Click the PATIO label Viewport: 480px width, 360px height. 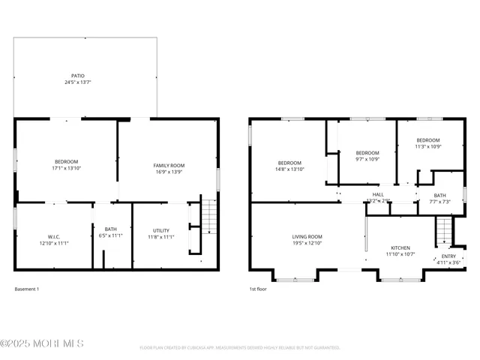pyautogui.click(x=78, y=76)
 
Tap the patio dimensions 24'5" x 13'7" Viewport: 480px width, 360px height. pyautogui.click(x=78, y=82)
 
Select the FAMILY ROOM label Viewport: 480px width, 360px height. pyautogui.click(x=169, y=165)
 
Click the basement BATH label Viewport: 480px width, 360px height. pyautogui.click(x=111, y=229)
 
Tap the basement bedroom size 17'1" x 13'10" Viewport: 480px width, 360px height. pyautogui.click(x=66, y=169)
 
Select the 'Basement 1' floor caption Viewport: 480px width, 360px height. pyautogui.click(x=27, y=289)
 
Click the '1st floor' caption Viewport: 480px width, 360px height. pyautogui.click(x=258, y=289)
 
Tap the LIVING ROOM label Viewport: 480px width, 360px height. pyautogui.click(x=307, y=237)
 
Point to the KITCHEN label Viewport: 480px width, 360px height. pyautogui.click(x=400, y=247)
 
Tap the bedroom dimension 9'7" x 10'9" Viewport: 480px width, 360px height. pyautogui.click(x=367, y=158)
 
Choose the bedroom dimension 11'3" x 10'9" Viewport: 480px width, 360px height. pyautogui.click(x=427, y=146)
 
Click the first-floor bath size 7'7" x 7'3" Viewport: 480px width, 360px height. pyautogui.click(x=439, y=202)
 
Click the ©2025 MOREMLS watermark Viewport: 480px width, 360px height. pyautogui.click(x=42, y=343)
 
